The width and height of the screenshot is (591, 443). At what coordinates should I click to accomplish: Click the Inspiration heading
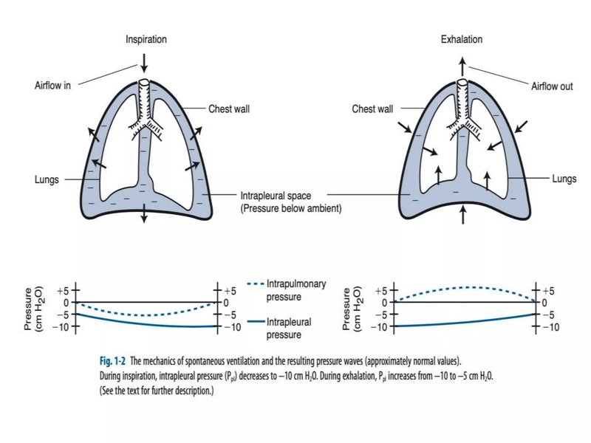(146, 40)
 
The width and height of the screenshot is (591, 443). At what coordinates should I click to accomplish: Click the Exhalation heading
(462, 39)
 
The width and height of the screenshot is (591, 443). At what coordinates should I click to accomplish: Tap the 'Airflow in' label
(52, 86)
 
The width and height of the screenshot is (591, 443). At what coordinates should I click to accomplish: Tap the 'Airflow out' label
(552, 86)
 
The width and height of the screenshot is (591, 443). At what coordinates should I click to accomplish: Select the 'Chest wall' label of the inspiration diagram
(229, 109)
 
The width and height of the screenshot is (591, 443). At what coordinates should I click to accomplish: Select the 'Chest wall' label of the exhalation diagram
(372, 109)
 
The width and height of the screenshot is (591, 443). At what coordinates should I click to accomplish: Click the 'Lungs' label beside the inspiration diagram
(47, 179)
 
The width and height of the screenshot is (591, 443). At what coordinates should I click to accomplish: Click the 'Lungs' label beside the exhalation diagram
(564, 179)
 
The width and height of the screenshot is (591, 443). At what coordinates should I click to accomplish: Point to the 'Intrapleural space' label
(276, 196)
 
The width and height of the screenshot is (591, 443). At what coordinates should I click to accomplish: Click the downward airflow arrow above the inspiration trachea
(143, 63)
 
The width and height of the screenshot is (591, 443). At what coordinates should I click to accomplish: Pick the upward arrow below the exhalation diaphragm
(463, 215)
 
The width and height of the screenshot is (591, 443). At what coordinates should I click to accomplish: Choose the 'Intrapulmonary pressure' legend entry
(287, 290)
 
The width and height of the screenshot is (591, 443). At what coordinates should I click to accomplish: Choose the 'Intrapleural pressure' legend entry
(280, 328)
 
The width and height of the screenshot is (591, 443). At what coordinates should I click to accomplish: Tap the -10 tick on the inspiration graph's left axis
(76, 326)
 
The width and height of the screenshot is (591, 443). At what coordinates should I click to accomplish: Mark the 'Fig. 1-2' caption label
(112, 361)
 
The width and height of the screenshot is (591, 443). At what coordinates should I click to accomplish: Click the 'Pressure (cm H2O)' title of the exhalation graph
(352, 309)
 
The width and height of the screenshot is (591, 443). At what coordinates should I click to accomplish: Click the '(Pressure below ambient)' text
(291, 208)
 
